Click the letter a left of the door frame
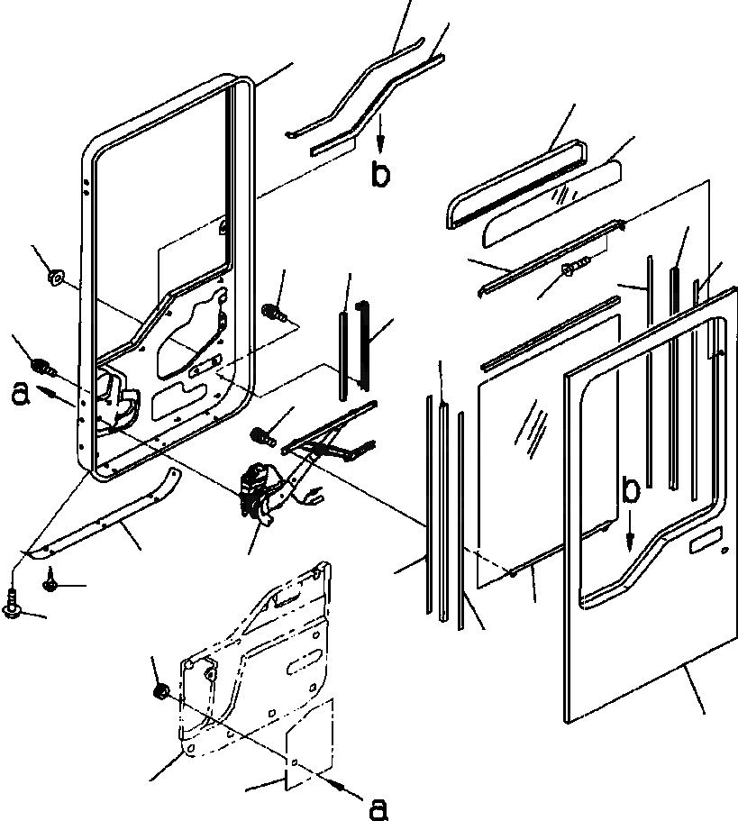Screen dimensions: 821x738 [19, 393]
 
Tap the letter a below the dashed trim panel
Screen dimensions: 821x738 [379, 807]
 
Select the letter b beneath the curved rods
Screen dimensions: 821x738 [381, 174]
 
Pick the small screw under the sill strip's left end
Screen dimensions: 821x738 [50, 584]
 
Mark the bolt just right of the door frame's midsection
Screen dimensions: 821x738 [272, 312]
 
